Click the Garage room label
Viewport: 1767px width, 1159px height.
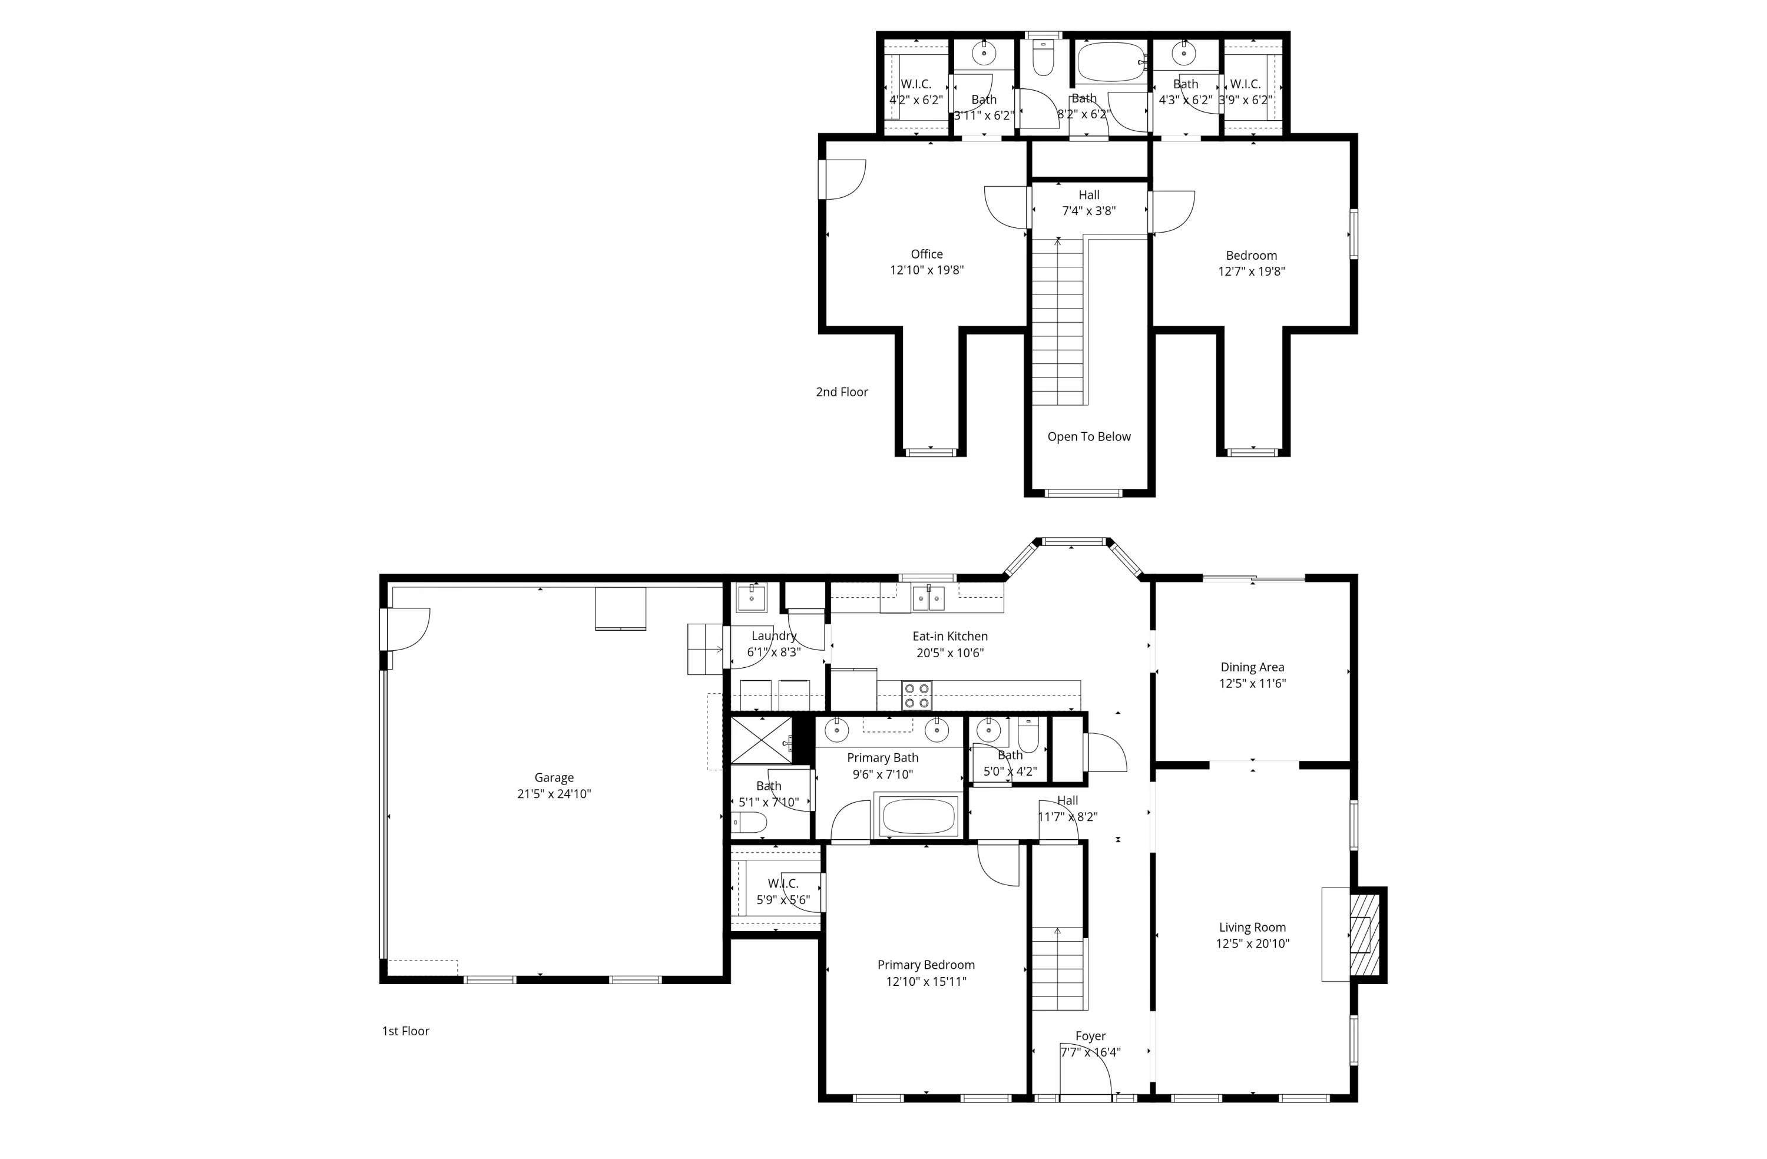pos(554,777)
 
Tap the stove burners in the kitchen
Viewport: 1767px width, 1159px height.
pos(917,695)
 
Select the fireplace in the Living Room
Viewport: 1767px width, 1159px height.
pos(1363,935)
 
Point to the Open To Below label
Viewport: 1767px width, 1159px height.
pos(1088,436)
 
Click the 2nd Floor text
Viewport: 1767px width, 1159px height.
pos(841,392)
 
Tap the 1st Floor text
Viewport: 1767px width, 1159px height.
pos(405,1031)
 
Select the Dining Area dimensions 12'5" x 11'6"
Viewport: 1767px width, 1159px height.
pos(1252,684)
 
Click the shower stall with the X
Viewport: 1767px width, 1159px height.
pos(761,740)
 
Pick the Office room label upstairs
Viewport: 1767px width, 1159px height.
pos(926,254)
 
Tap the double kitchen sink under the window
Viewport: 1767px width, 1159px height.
pos(928,598)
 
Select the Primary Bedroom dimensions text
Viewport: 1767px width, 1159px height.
pos(926,982)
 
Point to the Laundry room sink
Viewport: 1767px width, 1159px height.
pos(752,597)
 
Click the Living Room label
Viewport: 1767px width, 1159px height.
pos(1252,928)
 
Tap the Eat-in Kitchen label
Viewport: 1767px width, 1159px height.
pos(949,636)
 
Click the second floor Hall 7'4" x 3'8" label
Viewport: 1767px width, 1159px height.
pos(1088,203)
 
